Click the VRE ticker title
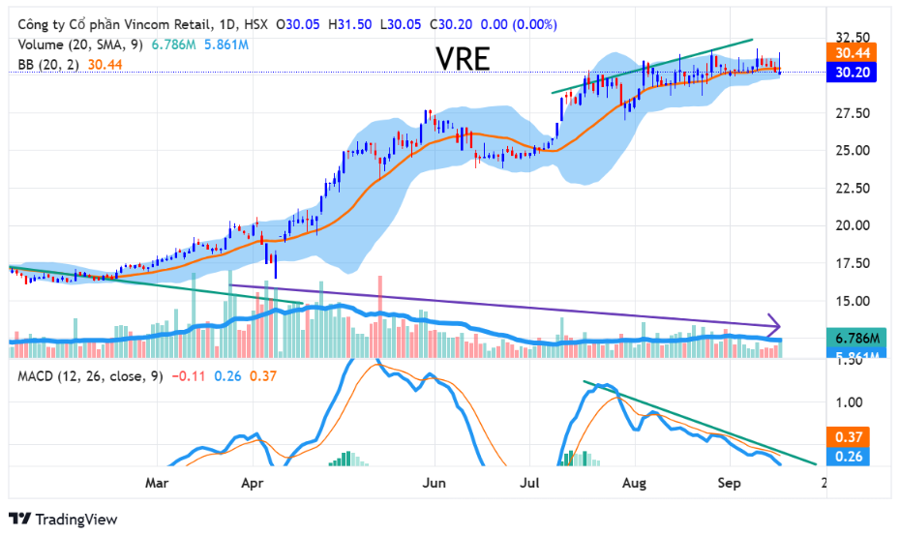click(x=463, y=60)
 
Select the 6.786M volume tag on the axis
click(x=857, y=339)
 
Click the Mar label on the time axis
click(x=157, y=481)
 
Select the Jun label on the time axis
click(x=435, y=481)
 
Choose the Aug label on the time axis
click(x=634, y=481)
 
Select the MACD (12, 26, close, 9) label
click(x=87, y=375)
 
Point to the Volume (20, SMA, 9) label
click(x=79, y=45)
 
